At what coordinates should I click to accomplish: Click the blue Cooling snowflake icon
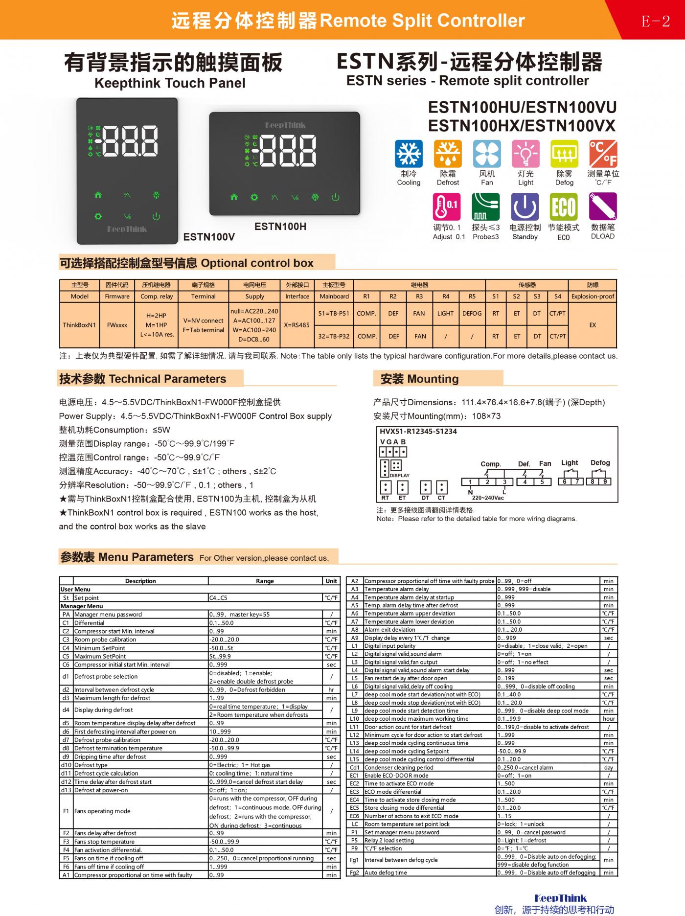coord(409,154)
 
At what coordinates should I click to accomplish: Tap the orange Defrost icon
coord(448,154)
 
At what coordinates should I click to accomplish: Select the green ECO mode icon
coord(564,206)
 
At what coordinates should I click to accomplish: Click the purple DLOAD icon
coord(602,206)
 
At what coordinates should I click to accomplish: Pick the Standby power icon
coord(525,206)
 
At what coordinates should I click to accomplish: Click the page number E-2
coord(655,21)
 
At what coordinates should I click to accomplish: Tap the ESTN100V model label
coord(209,237)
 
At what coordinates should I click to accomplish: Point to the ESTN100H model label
coord(280,227)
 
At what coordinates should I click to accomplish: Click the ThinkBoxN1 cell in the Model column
coord(79,325)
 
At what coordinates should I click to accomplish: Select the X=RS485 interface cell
coord(297,325)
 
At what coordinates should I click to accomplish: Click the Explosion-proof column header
coord(593,296)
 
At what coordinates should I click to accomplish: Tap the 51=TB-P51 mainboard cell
coord(334,314)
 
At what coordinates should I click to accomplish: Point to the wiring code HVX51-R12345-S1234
coord(418,432)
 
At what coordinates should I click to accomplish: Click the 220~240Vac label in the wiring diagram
coord(487,498)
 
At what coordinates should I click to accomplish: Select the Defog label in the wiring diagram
coord(600,462)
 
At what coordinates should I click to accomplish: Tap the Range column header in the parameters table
coord(265,581)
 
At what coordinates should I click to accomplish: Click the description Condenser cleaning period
coord(399,767)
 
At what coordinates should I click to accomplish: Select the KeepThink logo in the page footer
coord(560,898)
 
